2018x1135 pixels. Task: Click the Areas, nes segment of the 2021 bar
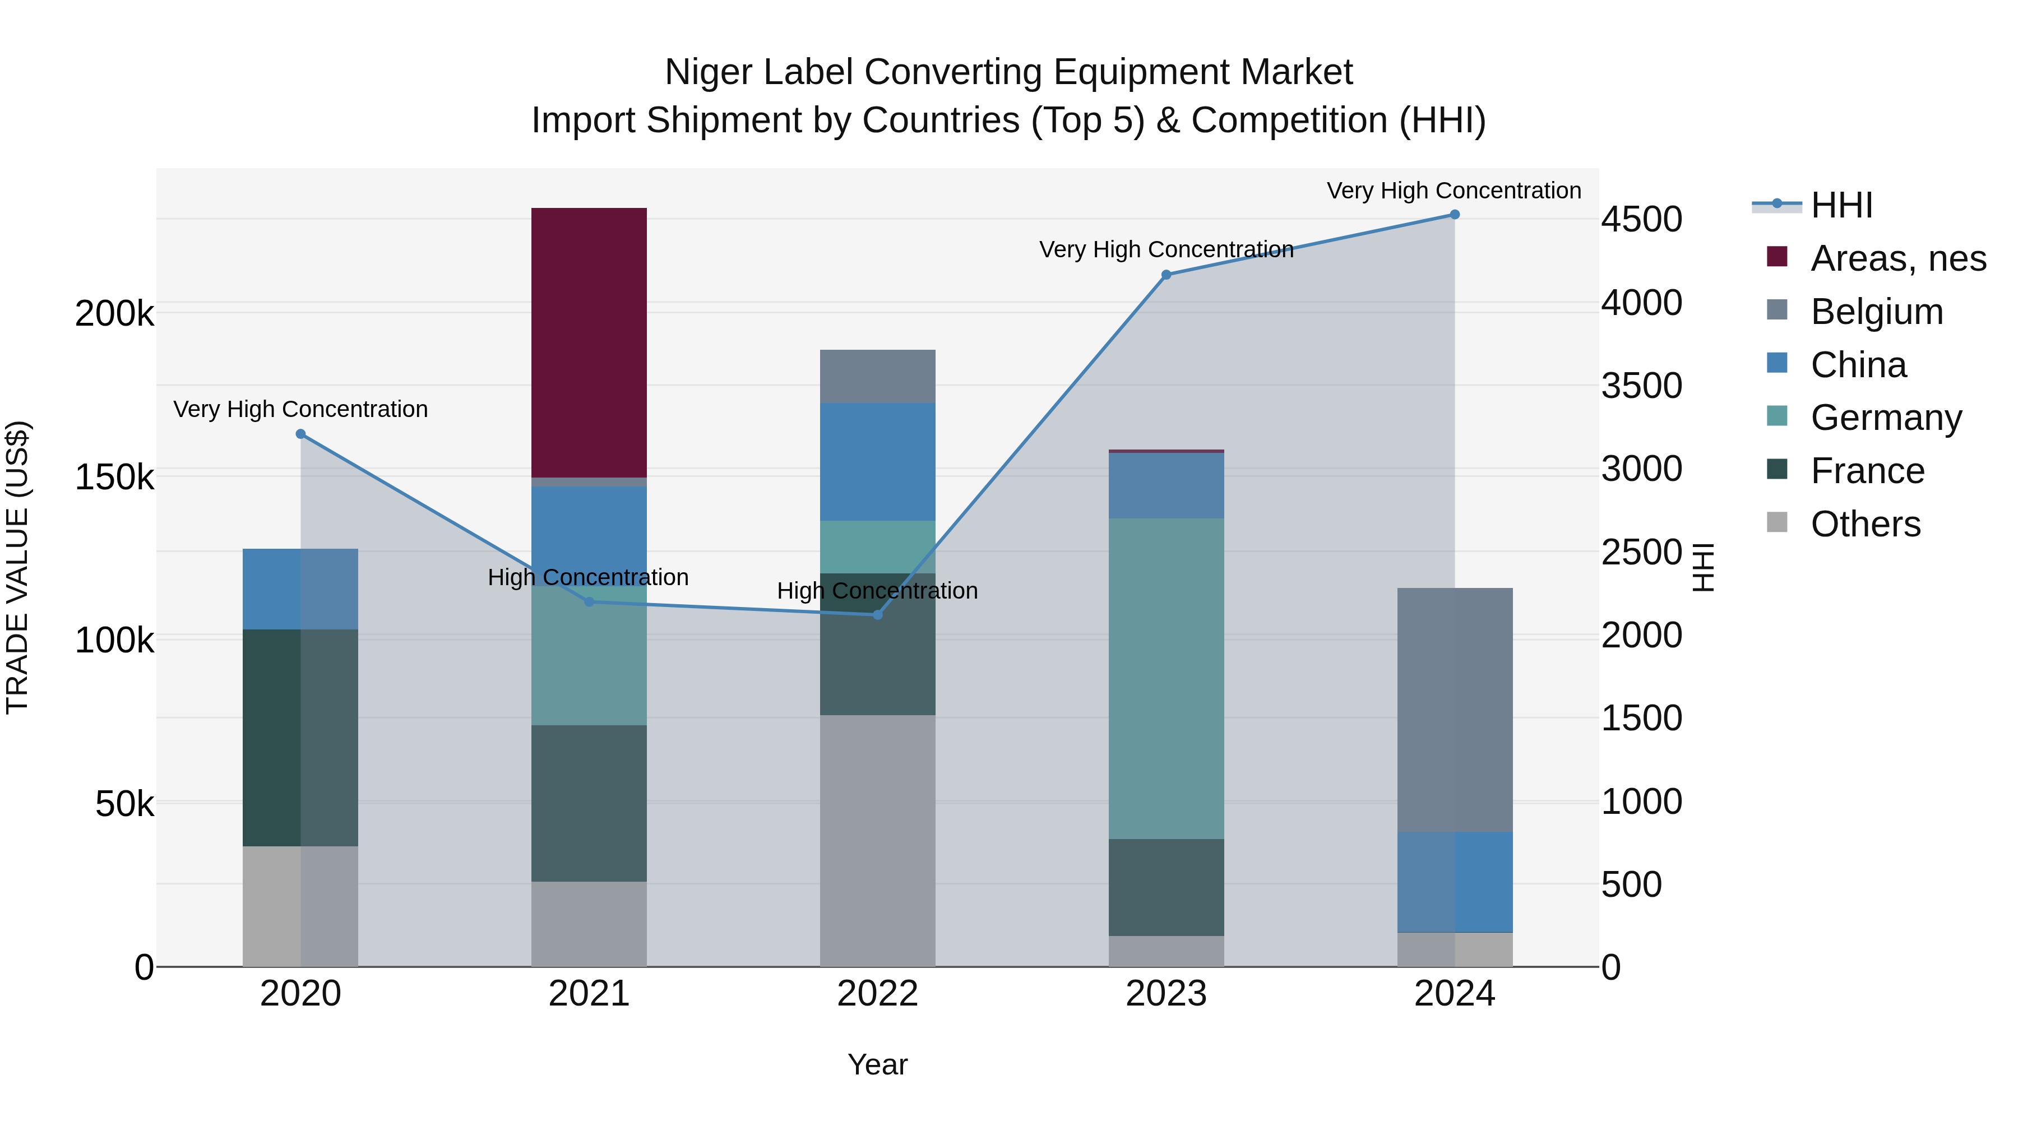589,342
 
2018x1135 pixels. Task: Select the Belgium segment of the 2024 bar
1455,709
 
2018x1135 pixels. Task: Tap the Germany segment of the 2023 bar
1166,678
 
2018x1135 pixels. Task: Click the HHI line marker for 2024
1455,215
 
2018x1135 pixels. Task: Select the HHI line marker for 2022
877,615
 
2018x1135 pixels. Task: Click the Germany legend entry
1886,418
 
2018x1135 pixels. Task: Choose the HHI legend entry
1841,205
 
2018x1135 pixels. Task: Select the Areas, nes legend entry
1897,258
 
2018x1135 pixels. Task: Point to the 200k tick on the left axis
114,314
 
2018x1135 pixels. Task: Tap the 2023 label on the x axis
1166,994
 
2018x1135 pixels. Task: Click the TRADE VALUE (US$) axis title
17,567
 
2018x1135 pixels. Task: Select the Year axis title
877,1064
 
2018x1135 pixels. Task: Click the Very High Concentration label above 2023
1166,250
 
